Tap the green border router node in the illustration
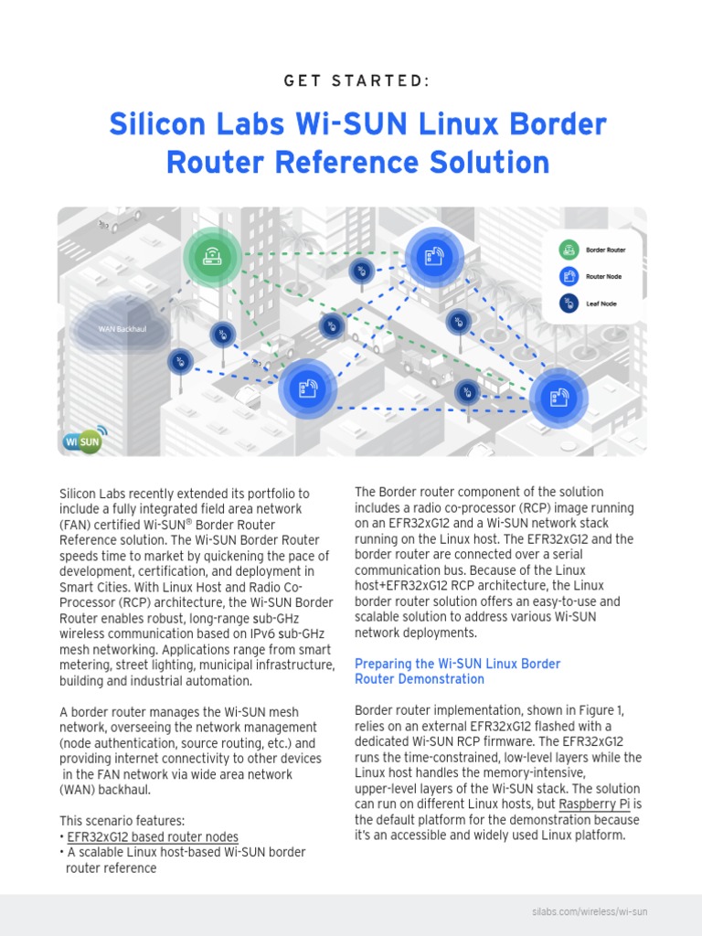[x=212, y=257]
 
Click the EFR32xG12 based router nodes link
[x=153, y=837]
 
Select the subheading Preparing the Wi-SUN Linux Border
[x=457, y=664]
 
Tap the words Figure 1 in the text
[x=601, y=710]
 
